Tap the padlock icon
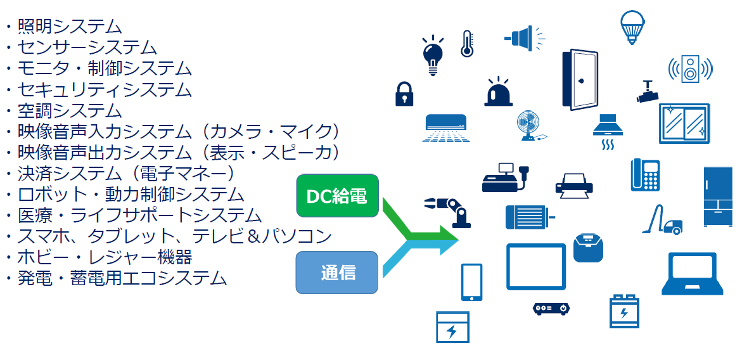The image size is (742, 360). tap(404, 94)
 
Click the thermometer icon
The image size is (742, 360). tap(467, 44)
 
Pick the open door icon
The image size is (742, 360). tap(580, 80)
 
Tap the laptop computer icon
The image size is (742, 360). tap(693, 274)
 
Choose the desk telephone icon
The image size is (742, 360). tap(645, 174)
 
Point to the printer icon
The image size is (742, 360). tap(574, 184)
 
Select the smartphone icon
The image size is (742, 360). tap(471, 282)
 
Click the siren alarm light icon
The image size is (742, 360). tap(499, 93)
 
